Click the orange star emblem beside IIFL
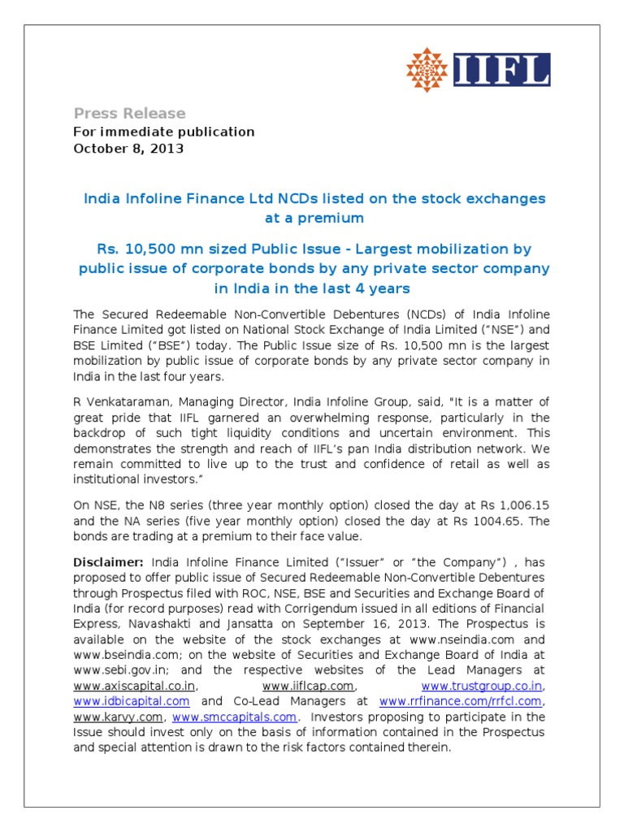pyautogui.click(x=428, y=70)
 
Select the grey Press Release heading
pyautogui.click(x=129, y=113)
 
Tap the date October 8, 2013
pyautogui.click(x=128, y=149)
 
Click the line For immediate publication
pyautogui.click(x=164, y=132)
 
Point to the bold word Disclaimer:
pyautogui.click(x=109, y=562)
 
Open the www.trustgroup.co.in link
pyautogui.click(x=481, y=687)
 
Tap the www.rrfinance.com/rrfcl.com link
pyautogui.click(x=460, y=701)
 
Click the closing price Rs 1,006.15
pyautogui.click(x=500, y=505)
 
